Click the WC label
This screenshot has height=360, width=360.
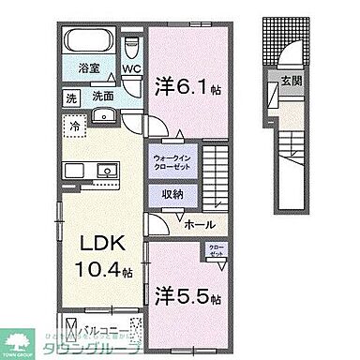pyautogui.click(x=132, y=68)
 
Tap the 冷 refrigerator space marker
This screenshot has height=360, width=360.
pyautogui.click(x=73, y=124)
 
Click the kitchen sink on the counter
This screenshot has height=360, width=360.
pyautogui.click(x=103, y=170)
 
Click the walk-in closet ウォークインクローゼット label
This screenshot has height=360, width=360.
pyautogui.click(x=172, y=162)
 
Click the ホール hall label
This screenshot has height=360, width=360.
pyautogui.click(x=200, y=225)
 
